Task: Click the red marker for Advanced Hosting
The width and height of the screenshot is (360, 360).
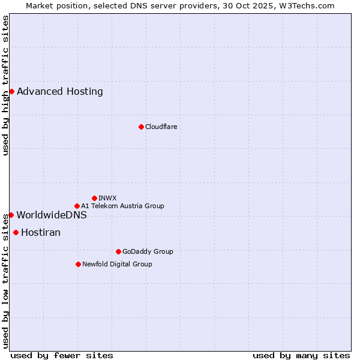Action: (11, 91)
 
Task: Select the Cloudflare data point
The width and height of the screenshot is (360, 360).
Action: (141, 127)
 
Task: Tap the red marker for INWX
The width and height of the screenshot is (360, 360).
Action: (94, 198)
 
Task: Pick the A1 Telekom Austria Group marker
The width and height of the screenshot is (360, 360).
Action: (77, 206)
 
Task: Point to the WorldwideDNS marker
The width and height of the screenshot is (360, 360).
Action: (11, 215)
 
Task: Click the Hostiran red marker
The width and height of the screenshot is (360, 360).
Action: (16, 232)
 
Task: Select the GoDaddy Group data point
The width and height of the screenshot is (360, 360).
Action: (118, 251)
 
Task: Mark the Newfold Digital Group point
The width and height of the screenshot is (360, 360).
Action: (78, 264)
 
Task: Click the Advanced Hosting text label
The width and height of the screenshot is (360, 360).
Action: (60, 92)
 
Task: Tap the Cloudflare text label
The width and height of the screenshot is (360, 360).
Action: (161, 127)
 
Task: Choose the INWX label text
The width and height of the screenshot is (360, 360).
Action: (107, 198)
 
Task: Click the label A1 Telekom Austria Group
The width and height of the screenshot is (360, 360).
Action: (122, 206)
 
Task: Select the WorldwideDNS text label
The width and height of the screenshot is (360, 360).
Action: (52, 215)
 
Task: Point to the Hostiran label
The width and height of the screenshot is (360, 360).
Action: (41, 233)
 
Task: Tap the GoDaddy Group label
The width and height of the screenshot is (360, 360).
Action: (148, 251)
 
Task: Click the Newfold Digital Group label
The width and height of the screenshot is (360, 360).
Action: (117, 264)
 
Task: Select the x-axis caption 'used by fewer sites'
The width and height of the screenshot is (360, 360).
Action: (62, 355)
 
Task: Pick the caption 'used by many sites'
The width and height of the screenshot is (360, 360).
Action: (301, 355)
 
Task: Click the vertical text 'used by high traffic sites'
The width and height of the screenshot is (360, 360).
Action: (6, 85)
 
